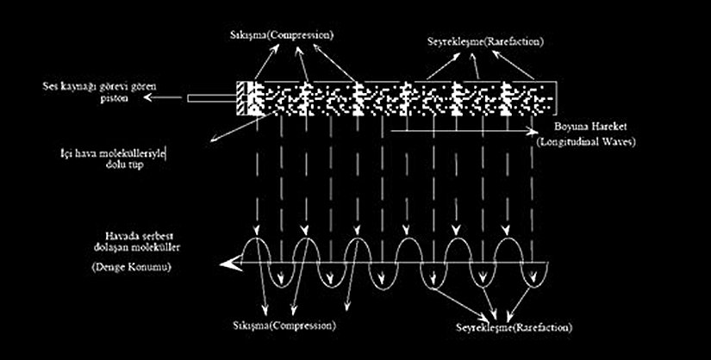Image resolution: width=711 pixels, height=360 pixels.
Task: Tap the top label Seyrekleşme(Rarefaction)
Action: (486, 41)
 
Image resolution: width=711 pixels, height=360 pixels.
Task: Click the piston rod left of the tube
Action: (211, 99)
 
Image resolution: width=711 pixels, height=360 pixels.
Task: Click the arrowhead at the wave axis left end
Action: (227, 264)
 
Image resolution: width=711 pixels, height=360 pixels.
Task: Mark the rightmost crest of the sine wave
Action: (512, 237)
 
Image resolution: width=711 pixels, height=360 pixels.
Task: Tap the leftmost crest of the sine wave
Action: (257, 237)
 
